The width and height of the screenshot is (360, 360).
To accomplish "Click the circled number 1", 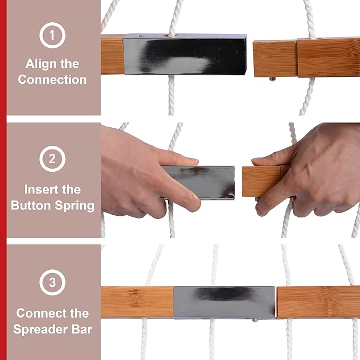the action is tap(52, 35).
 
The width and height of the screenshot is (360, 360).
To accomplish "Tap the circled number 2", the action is tap(52, 159).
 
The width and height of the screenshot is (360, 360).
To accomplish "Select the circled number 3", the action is tap(52, 282).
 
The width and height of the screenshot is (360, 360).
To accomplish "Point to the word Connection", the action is tap(52, 80).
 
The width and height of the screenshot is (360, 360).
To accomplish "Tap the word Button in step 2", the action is tap(31, 205).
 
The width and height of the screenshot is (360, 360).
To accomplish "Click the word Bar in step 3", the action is tap(82, 329).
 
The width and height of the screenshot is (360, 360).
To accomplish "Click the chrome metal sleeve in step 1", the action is tap(185, 55).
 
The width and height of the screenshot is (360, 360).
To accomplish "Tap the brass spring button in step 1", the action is tap(273, 79).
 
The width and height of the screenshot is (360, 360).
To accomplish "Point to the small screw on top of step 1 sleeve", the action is tap(142, 36).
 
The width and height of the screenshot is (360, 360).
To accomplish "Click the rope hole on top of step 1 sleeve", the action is tap(172, 36).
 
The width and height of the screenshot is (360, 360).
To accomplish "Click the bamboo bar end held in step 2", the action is tap(262, 181).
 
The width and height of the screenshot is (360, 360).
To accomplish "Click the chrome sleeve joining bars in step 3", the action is tap(225, 302).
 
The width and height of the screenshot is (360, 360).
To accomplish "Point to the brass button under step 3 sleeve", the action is tap(255, 320).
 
